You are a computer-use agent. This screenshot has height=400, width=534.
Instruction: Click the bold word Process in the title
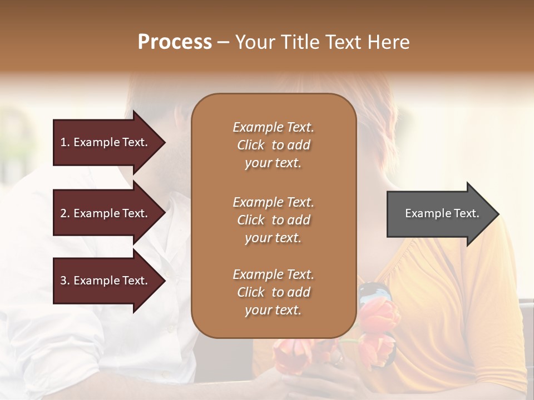(x=175, y=42)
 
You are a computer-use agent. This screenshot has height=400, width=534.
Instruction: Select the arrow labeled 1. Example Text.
(x=106, y=142)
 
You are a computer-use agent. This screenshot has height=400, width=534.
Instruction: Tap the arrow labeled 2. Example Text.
(x=106, y=213)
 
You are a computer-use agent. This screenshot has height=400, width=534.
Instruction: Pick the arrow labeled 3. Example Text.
(x=106, y=281)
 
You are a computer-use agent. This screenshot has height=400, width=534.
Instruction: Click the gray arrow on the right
(x=439, y=214)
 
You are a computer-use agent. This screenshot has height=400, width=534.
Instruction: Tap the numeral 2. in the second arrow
(x=65, y=213)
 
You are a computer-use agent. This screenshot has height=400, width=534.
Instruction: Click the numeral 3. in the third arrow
(x=65, y=281)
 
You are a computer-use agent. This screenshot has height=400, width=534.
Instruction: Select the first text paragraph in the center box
(x=273, y=145)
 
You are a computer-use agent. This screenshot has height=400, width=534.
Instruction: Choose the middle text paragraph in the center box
(x=273, y=220)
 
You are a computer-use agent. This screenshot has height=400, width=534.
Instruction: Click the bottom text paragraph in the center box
(x=273, y=292)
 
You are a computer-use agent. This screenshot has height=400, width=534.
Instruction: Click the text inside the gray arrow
(x=442, y=213)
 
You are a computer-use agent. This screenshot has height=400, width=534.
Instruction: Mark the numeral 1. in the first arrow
(x=65, y=142)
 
